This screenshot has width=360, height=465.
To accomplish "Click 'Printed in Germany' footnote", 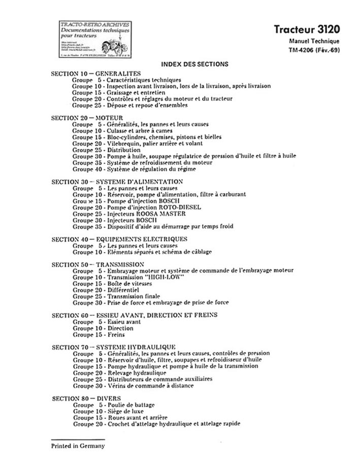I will coord(77,446).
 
